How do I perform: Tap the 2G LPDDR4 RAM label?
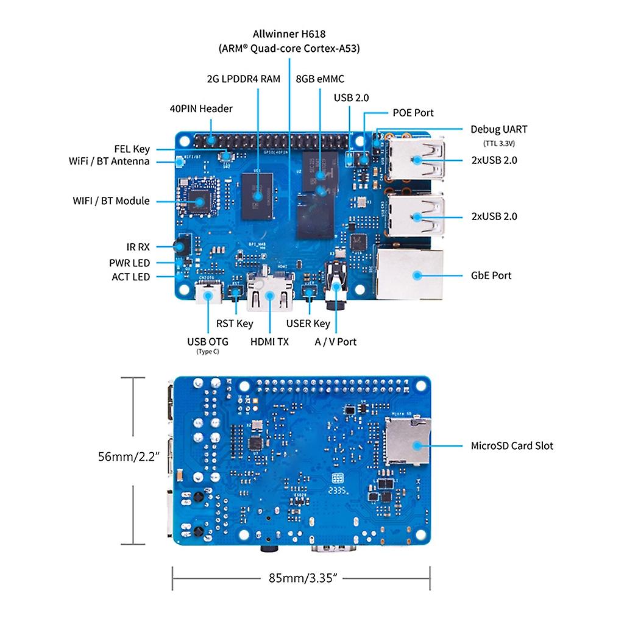[243, 79]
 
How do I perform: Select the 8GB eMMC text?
[319, 79]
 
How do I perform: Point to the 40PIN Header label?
[201, 109]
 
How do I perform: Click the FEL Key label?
[132, 149]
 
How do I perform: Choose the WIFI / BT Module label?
[111, 200]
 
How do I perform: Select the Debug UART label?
[498, 129]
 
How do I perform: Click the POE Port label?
[413, 113]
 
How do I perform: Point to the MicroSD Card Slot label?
[512, 445]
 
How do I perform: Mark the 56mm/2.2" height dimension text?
[129, 456]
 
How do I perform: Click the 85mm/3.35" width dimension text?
[303, 578]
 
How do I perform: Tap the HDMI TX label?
[269, 342]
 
